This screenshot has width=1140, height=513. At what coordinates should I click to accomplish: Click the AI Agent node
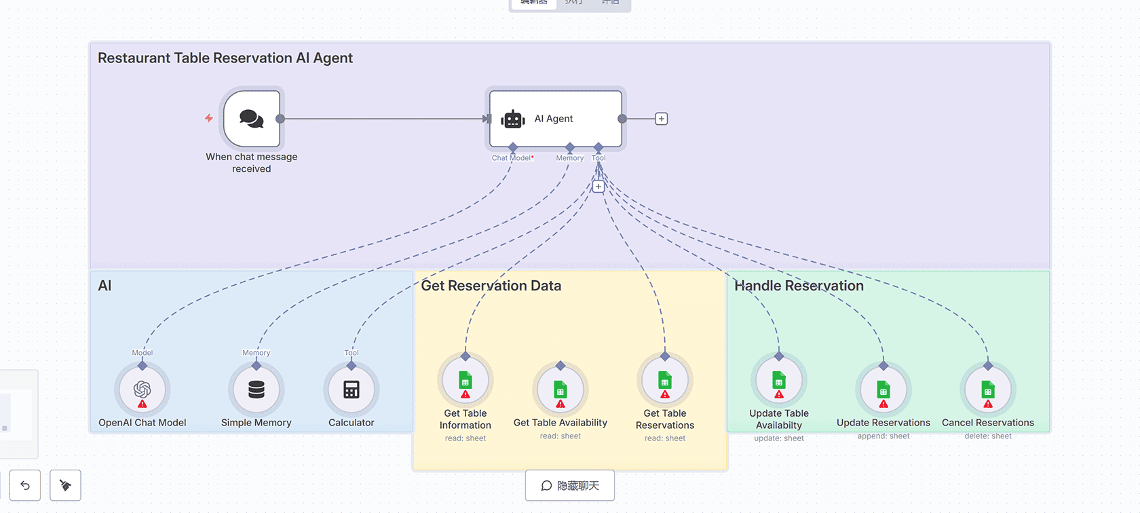pos(555,119)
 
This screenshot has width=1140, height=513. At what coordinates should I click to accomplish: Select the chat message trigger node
pos(252,119)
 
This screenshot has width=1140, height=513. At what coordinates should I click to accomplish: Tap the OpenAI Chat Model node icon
pos(142,389)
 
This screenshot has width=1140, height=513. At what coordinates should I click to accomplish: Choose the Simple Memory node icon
pos(256,389)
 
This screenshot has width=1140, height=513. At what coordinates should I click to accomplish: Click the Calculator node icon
pos(351,389)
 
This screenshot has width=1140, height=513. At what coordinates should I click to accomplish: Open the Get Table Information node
pos(465,381)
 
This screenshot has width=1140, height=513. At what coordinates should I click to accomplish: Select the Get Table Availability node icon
pos(560,390)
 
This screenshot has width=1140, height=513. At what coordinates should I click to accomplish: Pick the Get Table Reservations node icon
pos(665,381)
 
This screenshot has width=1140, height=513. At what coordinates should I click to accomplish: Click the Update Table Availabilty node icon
pos(779,381)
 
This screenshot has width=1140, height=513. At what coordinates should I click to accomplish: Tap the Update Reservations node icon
pos(883,390)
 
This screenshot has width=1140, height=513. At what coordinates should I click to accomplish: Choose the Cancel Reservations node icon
pos(988,390)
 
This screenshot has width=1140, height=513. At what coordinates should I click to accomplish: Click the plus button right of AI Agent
pos(662,119)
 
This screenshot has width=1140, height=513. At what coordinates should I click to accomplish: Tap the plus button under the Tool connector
pos(598,187)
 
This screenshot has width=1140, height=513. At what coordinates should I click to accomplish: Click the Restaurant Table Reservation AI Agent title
pos(225,58)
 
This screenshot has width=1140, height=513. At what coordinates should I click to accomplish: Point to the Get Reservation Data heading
pos(491,286)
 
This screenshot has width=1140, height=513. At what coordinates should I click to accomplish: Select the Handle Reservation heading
pos(799,286)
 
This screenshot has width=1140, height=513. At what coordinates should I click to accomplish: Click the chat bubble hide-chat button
pos(570,486)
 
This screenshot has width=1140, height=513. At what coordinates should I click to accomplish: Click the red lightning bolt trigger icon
pos(209,118)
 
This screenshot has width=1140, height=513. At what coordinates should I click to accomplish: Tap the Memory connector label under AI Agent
pos(570,158)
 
